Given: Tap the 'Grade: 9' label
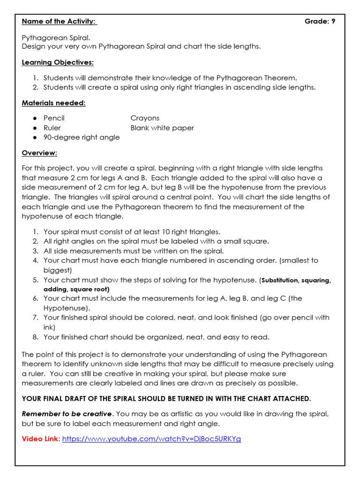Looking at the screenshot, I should [x=320, y=21].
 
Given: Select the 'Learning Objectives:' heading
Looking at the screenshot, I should [x=58, y=62].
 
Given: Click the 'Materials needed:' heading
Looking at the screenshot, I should [x=53, y=103].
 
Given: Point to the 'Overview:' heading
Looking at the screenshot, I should [x=39, y=153].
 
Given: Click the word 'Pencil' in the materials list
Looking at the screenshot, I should [x=54, y=118].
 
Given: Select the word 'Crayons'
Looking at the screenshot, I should [x=145, y=118].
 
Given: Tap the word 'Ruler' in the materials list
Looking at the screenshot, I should [x=52, y=128].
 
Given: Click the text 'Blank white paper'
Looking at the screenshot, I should [x=162, y=128].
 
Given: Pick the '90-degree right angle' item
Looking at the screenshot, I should [x=81, y=137].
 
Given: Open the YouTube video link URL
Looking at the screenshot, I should [x=151, y=439].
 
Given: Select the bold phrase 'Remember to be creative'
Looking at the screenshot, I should [x=67, y=414].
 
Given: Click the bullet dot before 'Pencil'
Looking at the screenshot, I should [x=35, y=119].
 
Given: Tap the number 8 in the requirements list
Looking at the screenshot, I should [x=35, y=337].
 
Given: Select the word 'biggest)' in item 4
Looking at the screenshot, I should [x=58, y=270].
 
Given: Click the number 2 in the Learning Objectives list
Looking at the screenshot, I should [x=35, y=87].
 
